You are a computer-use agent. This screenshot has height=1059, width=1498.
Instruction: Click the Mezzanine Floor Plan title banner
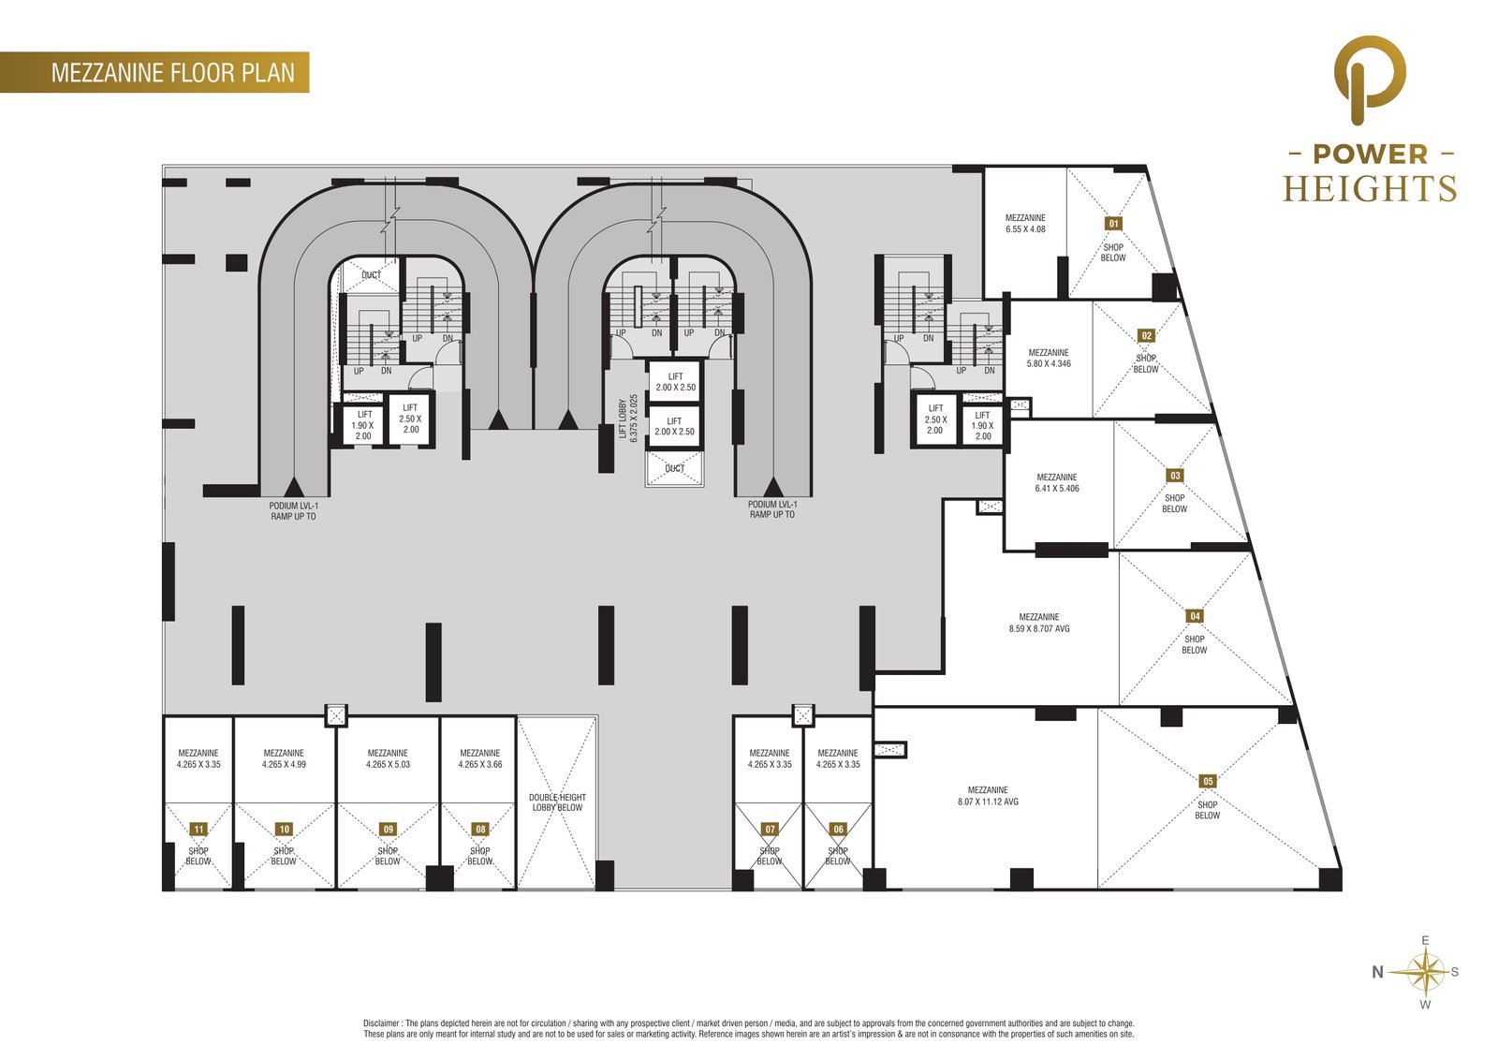point(154,72)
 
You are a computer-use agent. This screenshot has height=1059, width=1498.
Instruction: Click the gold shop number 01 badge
point(1113,224)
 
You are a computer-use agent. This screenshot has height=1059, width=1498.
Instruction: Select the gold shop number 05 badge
point(1207,781)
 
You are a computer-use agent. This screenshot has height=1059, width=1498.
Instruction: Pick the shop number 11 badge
point(198,830)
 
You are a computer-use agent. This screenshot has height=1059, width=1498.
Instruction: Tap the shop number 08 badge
point(480,830)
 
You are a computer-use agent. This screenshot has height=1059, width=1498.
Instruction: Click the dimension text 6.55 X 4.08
point(1025,228)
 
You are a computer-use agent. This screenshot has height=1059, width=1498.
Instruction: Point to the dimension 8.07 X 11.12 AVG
point(988,802)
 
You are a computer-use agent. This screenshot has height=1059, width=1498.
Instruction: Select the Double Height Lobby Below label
point(557,802)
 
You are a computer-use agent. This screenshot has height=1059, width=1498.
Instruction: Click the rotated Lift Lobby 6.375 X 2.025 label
point(628,419)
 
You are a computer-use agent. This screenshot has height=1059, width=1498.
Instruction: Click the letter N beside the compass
point(1377,972)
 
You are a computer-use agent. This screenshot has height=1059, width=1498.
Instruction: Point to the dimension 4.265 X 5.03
point(388,764)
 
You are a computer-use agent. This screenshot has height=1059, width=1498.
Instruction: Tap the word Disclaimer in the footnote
point(382,1022)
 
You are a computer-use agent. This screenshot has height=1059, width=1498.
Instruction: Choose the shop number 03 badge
point(1175,476)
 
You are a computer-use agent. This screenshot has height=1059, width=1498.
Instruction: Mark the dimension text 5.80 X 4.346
point(1049,364)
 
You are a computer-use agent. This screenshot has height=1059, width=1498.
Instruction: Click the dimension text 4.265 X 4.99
point(284,764)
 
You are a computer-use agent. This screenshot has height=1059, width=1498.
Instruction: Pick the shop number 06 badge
point(838,830)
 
